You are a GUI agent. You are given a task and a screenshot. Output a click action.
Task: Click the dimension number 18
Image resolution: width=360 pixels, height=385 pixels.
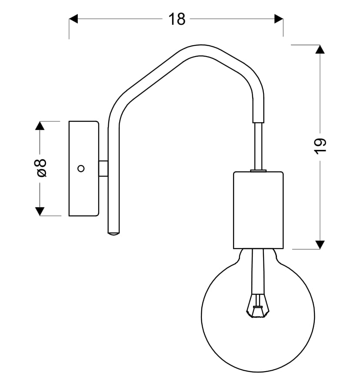(x=177, y=19)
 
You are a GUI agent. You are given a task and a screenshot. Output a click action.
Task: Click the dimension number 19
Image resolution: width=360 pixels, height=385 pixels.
(x=320, y=146)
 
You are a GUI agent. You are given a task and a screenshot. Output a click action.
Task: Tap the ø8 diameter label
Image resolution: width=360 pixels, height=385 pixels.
(x=41, y=168)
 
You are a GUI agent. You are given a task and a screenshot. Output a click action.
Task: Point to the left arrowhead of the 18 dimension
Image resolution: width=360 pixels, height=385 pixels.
(x=73, y=19)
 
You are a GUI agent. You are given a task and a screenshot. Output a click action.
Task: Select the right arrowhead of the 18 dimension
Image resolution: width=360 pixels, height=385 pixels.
(x=279, y=19)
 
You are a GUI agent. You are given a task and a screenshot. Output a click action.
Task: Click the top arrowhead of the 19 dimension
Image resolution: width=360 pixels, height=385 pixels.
(x=320, y=49)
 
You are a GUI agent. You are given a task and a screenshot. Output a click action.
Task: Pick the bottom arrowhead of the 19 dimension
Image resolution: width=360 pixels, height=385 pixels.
(x=320, y=245)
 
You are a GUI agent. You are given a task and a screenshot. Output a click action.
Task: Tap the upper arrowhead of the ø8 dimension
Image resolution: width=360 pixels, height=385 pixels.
(x=40, y=126)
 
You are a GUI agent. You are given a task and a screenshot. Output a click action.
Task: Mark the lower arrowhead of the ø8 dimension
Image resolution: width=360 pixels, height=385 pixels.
(x=40, y=212)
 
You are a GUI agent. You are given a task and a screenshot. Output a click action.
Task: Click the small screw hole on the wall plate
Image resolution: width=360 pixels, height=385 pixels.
(x=80, y=168)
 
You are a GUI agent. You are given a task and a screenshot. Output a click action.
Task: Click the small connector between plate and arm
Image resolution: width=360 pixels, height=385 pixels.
(x=103, y=168)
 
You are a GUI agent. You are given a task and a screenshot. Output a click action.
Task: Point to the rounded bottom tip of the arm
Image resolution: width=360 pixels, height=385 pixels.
(x=113, y=233)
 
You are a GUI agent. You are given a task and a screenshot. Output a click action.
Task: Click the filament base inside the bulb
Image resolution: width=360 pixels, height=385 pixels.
(x=258, y=307)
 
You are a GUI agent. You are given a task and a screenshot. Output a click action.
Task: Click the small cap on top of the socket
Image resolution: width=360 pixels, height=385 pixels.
(x=258, y=170)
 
